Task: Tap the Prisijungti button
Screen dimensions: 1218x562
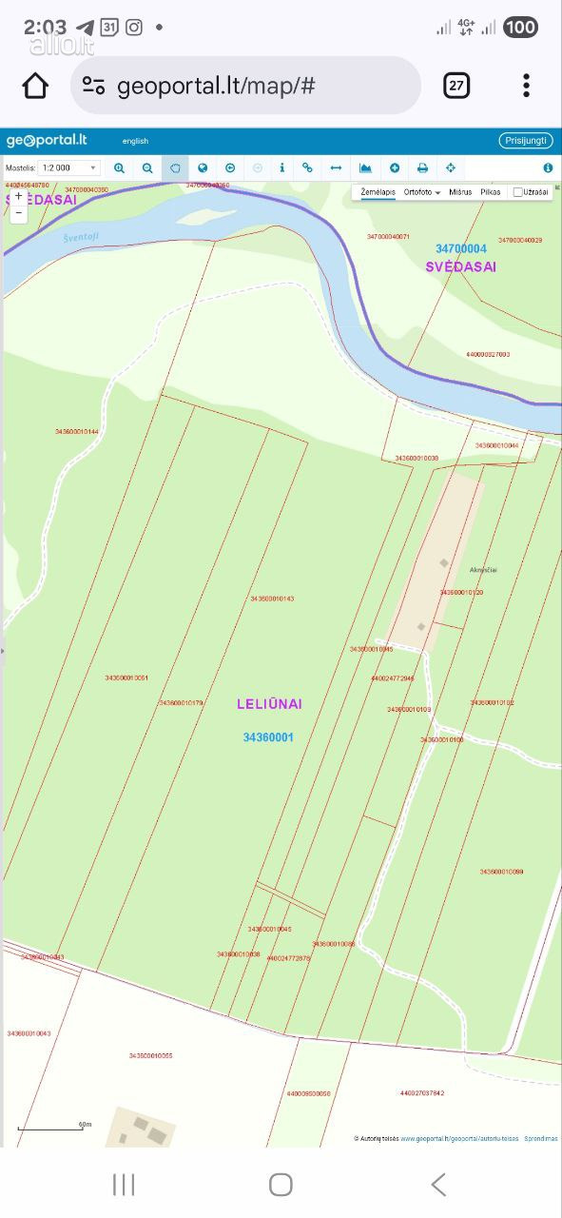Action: (525, 141)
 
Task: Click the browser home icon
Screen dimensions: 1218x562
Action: (35, 86)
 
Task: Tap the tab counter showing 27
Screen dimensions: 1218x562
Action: (456, 86)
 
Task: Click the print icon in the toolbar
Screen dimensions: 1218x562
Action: (422, 168)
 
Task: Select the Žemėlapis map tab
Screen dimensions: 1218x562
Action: (378, 192)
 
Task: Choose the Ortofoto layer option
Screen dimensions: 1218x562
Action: (421, 192)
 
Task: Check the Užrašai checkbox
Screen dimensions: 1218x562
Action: (518, 192)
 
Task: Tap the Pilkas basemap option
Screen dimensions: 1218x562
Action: (491, 192)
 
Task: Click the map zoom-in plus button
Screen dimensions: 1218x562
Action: (18, 196)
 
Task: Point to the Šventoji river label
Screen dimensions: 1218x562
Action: (81, 238)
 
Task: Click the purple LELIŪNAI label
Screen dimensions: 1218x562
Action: (269, 704)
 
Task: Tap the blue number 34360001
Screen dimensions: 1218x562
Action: (268, 737)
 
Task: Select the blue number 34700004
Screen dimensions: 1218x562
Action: (461, 249)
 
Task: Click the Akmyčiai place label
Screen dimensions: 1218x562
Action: (483, 570)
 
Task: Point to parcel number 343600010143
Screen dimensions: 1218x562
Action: (272, 599)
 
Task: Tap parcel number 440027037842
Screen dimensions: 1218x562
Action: (422, 1093)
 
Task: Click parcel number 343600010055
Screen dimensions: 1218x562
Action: (151, 1055)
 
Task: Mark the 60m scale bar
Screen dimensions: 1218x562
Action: (53, 1128)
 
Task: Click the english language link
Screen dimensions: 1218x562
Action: (135, 141)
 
